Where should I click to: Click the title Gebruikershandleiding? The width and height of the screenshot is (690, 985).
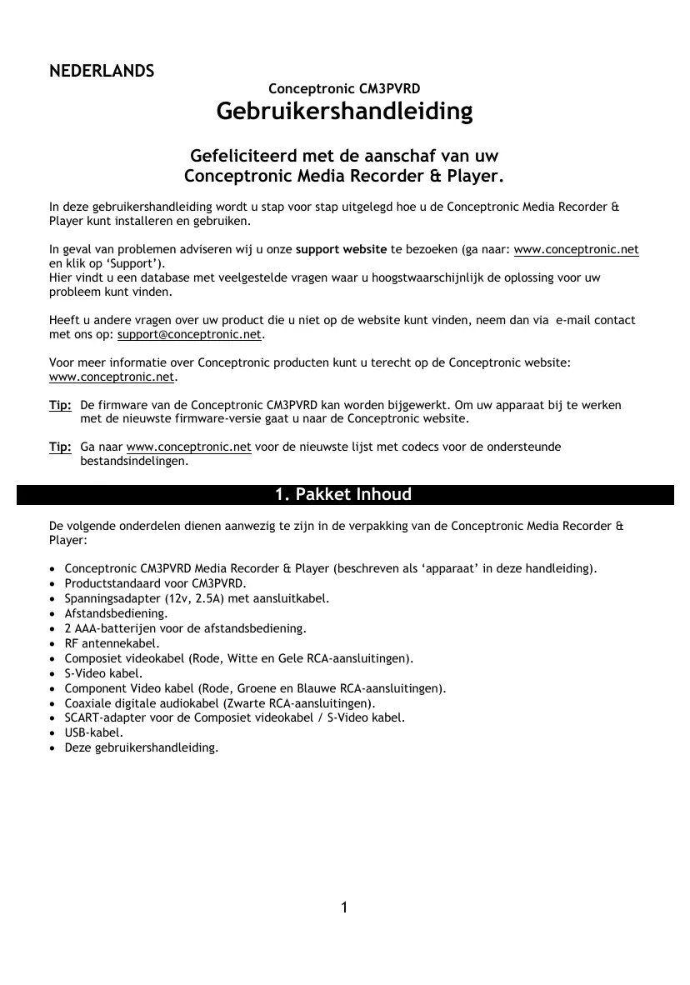point(344,111)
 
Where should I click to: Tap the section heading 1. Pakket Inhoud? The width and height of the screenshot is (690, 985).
point(343,495)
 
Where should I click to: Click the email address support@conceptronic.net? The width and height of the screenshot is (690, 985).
point(190,335)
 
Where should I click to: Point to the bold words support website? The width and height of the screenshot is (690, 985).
point(341,250)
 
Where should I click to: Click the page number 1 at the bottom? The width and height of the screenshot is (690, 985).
point(345,907)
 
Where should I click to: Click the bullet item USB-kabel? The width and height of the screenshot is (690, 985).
point(93,732)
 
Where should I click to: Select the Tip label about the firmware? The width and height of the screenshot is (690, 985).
point(60,405)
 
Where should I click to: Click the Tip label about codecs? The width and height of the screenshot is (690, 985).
point(60,447)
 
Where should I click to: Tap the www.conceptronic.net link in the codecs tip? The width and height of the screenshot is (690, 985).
point(188,447)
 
